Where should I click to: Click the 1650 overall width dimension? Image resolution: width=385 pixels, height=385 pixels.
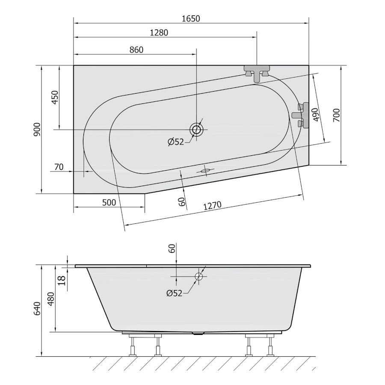pyautogui.click(x=191, y=19)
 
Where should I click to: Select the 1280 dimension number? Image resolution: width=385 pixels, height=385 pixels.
pyautogui.click(x=159, y=33)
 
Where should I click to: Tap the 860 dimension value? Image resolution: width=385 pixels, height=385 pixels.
pyautogui.click(x=136, y=50)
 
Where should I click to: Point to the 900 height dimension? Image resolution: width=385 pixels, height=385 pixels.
pyautogui.click(x=37, y=129)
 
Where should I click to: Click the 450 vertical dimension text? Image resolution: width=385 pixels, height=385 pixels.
pyautogui.click(x=55, y=97)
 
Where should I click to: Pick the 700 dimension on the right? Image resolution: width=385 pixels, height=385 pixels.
pyautogui.click(x=337, y=115)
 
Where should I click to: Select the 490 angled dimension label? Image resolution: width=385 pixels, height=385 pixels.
pyautogui.click(x=316, y=114)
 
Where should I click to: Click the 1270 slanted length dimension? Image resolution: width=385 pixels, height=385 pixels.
pyautogui.click(x=212, y=205)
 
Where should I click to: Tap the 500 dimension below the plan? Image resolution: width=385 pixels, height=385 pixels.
pyautogui.click(x=109, y=203)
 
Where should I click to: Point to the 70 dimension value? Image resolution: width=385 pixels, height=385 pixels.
pyautogui.click(x=59, y=167)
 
